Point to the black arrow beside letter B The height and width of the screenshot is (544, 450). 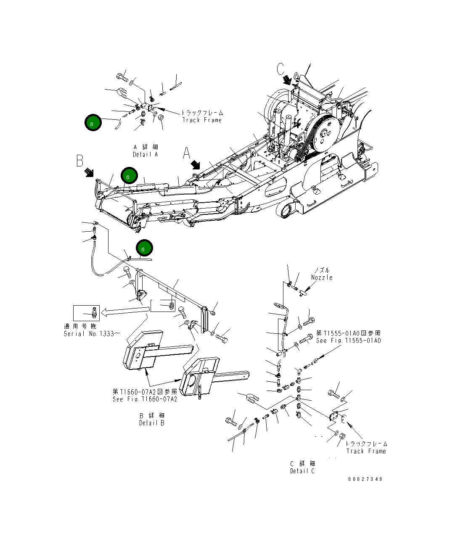coord(89,172)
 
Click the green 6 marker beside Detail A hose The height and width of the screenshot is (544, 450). coord(92,123)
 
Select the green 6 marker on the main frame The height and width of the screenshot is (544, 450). coord(129,177)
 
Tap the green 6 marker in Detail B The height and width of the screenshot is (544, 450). coord(143,249)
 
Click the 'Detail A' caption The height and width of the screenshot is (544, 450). coord(146,154)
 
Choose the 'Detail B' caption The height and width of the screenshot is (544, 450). coord(152,423)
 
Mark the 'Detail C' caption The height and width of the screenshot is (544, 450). coord(302,471)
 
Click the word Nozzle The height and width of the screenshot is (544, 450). coord(322,277)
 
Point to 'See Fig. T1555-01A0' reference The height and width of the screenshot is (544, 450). coord(348,341)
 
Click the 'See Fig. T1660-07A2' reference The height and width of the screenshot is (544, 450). coord(145,399)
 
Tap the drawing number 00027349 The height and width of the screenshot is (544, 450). coord(365,479)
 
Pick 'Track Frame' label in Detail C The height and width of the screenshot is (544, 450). coord(366,451)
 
